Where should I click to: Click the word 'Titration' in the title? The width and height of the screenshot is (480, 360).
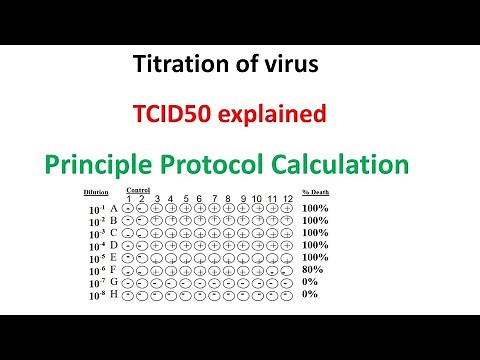coord(177,67)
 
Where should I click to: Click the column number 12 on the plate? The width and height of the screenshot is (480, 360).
coord(287,197)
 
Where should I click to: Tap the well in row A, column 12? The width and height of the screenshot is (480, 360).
coord(287,208)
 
